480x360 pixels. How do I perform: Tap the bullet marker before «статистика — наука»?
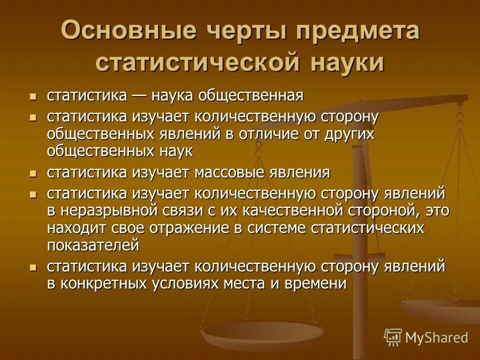33,95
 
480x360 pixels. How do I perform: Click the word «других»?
351,134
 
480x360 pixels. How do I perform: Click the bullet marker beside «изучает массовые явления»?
33,173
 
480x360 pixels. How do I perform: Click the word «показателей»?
93,245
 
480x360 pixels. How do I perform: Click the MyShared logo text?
436,337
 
